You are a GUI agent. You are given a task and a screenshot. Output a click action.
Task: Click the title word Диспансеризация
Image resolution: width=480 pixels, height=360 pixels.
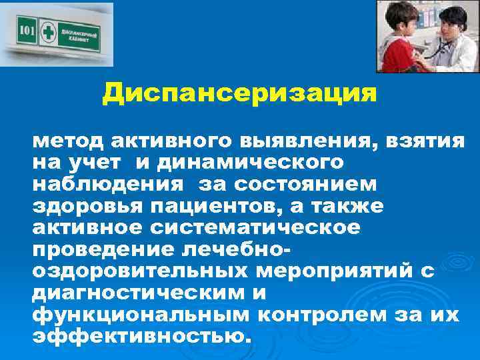click(239, 93)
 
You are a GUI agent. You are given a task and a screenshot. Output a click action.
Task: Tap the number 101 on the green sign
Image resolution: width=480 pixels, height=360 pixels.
click(26, 31)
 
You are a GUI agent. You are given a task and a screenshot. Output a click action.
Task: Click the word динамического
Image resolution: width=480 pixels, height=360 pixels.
click(247, 163)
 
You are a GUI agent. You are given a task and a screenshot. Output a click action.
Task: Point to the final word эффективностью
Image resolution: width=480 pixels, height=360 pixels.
click(142, 337)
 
